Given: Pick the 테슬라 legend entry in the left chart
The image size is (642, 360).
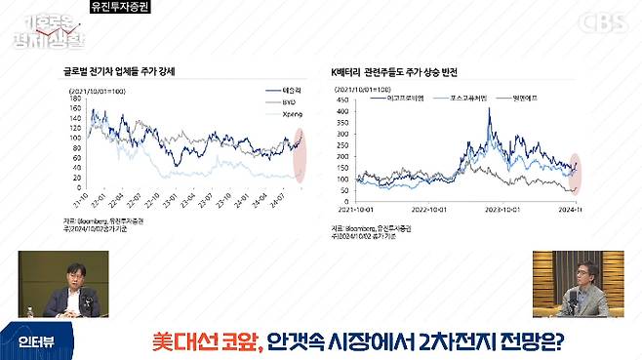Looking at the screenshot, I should click(x=282, y=89).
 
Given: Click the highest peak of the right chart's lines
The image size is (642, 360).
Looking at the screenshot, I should click(x=489, y=109).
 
